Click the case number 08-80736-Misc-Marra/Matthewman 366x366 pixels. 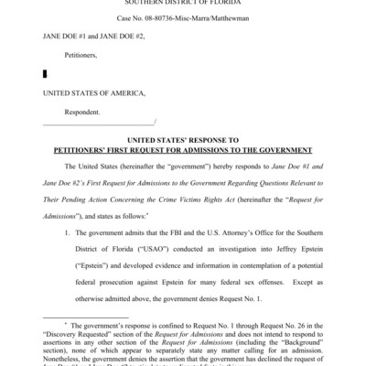tap(183, 19)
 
